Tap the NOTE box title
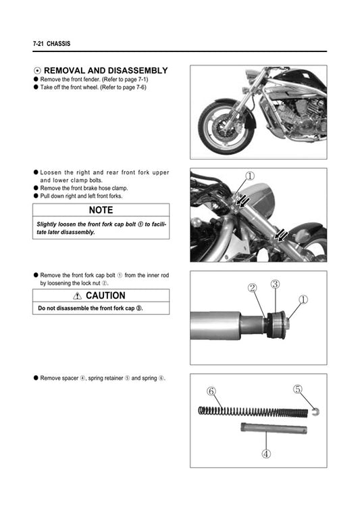tap(101, 210)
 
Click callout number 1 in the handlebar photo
tap(250, 176)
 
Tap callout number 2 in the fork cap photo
tap(252, 288)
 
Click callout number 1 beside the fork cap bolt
tap(303, 298)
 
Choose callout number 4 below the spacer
tap(265, 454)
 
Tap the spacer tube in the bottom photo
tap(273, 429)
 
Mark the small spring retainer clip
tap(315, 410)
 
